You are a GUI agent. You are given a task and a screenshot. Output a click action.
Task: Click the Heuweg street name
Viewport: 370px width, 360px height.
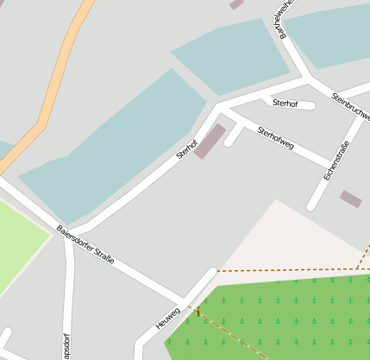coord(168,317)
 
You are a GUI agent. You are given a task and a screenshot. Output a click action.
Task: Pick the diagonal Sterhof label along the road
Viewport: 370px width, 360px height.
coord(187,148)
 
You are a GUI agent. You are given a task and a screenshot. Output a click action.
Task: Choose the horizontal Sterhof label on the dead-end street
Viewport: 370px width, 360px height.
coord(285,104)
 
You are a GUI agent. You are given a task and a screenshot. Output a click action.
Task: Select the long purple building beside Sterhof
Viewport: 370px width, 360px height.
coord(210,142)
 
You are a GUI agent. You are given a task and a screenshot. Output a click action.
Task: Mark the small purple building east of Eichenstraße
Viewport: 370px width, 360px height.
coord(350,199)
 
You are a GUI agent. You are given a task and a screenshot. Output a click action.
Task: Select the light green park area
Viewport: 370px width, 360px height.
coord(17,246)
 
